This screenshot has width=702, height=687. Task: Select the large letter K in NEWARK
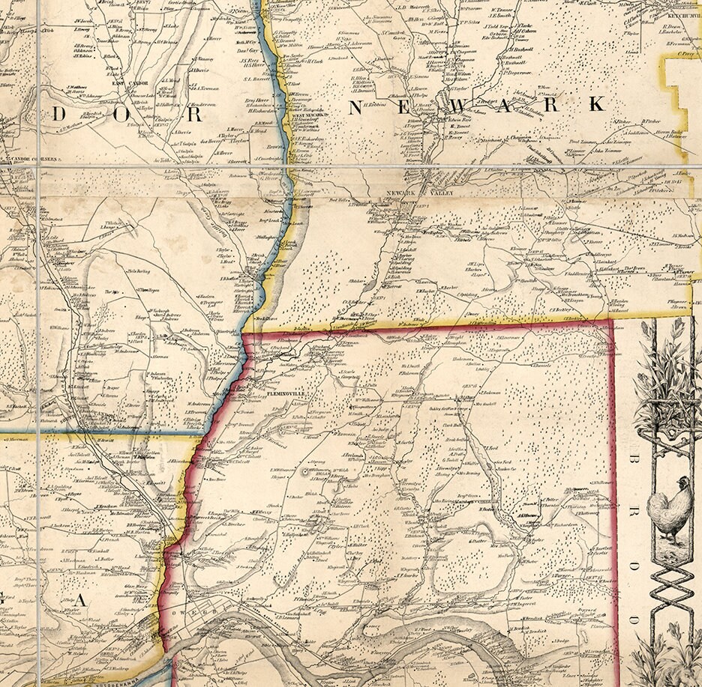pos(596,105)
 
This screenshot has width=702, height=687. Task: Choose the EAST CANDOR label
pos(133,83)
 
